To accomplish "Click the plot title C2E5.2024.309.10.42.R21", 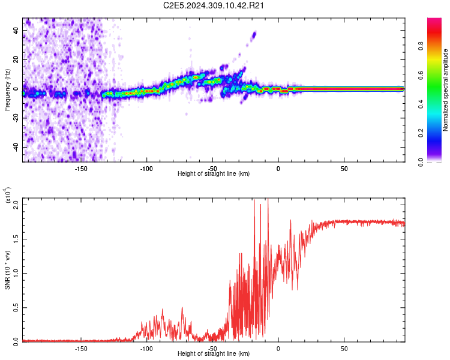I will (214, 6).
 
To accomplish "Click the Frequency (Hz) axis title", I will (7, 90).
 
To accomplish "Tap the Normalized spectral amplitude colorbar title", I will (445, 90).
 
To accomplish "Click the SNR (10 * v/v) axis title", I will (7, 270).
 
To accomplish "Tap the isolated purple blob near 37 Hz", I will (253, 34).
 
